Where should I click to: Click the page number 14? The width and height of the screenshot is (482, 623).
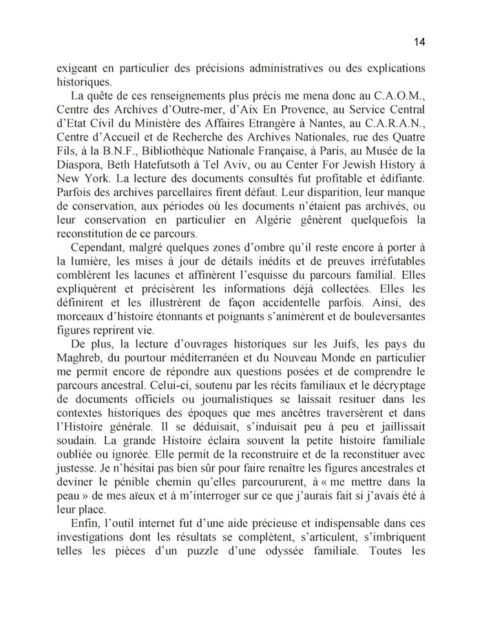(x=420, y=42)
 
